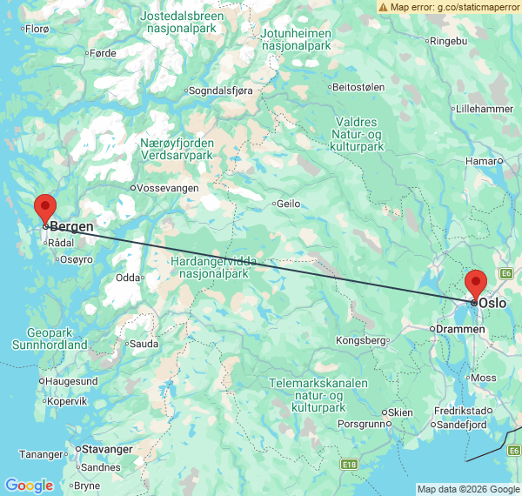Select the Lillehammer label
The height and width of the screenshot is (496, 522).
[x=485, y=109]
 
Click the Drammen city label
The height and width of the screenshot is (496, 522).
[x=460, y=329]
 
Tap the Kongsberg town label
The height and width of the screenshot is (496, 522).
[x=360, y=340]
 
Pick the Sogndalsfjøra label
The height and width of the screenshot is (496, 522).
[x=224, y=90]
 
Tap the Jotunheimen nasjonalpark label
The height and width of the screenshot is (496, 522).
[x=297, y=39]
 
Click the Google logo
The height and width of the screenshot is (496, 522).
[x=28, y=486]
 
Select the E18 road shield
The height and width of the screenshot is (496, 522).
[x=350, y=465]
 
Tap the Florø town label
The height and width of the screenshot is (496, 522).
[x=37, y=29]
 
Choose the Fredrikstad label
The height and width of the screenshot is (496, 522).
[x=461, y=410]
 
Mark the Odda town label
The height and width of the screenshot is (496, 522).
[x=127, y=278]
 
